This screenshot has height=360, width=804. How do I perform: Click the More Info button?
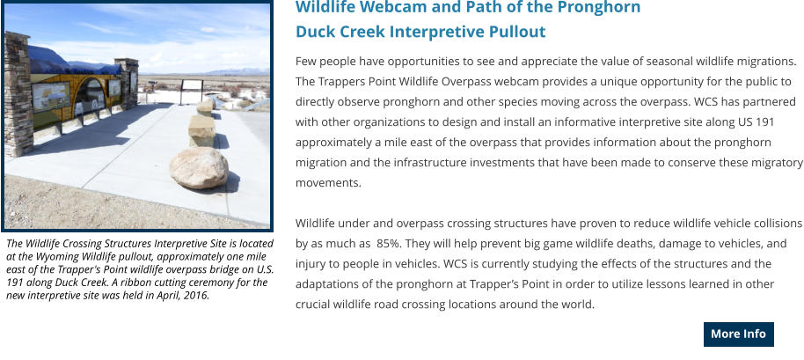(738, 334)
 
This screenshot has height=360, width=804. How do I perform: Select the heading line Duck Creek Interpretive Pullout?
(420, 32)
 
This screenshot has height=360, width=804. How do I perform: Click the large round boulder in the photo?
(199, 168)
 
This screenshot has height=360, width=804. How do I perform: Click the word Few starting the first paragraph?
(305, 62)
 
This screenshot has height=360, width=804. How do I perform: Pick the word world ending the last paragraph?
(580, 305)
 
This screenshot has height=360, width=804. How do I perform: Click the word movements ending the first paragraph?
(328, 183)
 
